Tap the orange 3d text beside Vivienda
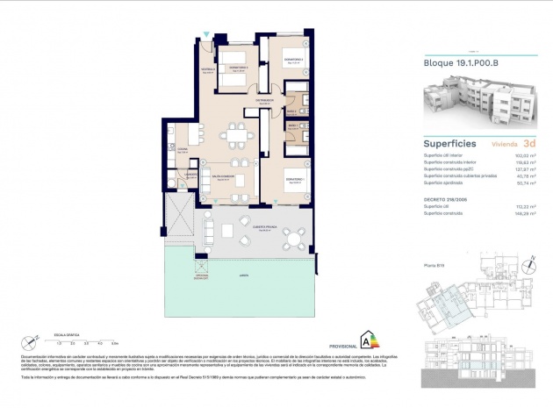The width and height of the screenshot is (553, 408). coord(528,141)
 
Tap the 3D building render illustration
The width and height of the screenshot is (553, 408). coord(480,103)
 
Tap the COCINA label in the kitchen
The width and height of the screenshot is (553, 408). coord(183,151)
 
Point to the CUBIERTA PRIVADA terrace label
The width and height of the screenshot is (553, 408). coord(264,225)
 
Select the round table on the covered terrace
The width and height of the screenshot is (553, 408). coord(299,235)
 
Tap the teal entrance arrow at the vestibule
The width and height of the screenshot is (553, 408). coord(205,34)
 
